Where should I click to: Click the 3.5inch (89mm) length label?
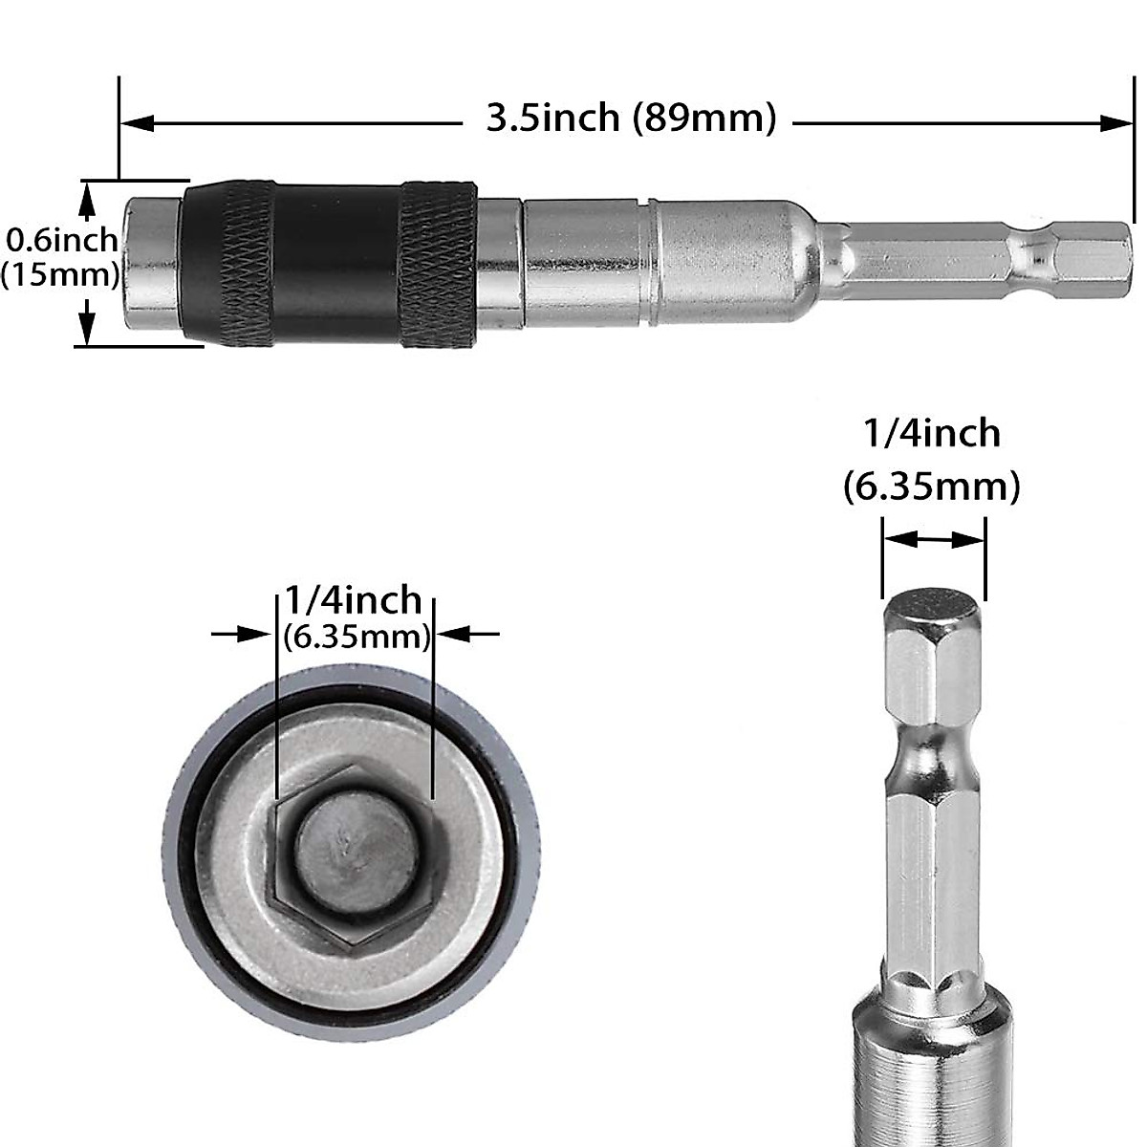(631, 119)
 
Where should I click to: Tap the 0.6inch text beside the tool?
(62, 239)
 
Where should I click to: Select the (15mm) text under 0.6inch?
(59, 275)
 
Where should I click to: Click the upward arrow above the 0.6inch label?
(87, 200)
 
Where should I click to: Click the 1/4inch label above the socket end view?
(354, 600)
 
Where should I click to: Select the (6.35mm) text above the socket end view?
(356, 637)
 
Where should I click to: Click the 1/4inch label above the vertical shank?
(932, 434)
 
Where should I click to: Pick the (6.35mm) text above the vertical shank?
(932, 487)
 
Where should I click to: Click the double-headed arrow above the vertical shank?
(933, 540)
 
